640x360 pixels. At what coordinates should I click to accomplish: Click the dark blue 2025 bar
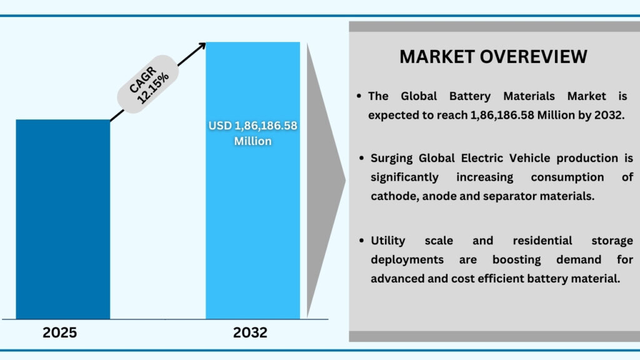[x=62, y=219]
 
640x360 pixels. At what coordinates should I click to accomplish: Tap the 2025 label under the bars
[x=60, y=333]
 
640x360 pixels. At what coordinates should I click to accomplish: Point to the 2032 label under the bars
[x=250, y=333]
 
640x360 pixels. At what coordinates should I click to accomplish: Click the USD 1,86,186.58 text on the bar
[x=252, y=126]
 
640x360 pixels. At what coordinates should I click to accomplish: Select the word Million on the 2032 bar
[x=252, y=141]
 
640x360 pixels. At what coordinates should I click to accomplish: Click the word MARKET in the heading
[x=437, y=56]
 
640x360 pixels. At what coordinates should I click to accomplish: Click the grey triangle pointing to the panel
[x=325, y=181]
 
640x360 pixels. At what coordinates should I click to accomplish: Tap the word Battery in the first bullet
[x=471, y=96]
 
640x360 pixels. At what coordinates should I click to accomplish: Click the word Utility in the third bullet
[x=388, y=241]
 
